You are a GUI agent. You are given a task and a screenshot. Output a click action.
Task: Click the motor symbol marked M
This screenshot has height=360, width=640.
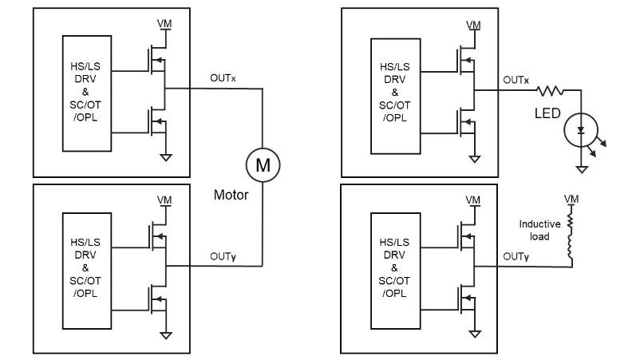263,165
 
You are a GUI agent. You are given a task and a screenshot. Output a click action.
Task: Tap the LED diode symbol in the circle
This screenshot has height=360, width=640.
582,128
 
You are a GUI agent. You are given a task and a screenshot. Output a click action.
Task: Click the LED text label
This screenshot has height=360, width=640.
547,113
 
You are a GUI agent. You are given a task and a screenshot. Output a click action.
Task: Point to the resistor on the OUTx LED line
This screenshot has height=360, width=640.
551,91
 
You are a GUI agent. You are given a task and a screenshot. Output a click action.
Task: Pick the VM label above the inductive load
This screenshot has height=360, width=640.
571,199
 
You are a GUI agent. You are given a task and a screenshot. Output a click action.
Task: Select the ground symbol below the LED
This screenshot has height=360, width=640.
583,168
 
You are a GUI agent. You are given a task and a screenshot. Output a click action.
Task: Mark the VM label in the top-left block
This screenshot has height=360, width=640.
164,26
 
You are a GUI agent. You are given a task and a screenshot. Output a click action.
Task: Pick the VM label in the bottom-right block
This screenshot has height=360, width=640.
473,199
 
